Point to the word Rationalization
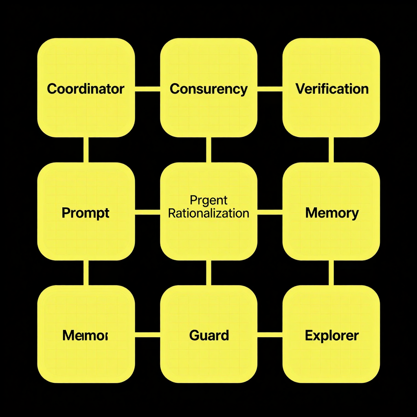[x=208, y=213]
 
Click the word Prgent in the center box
[x=208, y=200]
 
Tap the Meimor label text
[x=85, y=336]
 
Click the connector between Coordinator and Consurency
[x=147, y=88]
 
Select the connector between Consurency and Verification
[x=270, y=88]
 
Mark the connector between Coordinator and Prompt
[x=86, y=149]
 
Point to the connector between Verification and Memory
[x=331, y=149]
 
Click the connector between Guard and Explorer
[x=270, y=335]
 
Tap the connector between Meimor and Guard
[x=147, y=335]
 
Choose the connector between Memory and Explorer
[x=331, y=273]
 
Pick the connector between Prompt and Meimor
[x=86, y=273]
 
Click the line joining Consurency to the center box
[x=208, y=149]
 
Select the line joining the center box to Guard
[x=208, y=273]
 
